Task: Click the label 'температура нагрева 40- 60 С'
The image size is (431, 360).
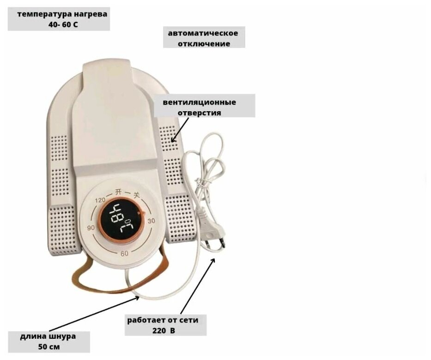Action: pyautogui.click(x=59, y=19)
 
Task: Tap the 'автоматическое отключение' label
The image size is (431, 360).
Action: pyautogui.click(x=204, y=38)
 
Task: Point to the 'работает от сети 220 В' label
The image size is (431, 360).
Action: pyautogui.click(x=166, y=325)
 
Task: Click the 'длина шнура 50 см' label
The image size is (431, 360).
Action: pyautogui.click(x=49, y=342)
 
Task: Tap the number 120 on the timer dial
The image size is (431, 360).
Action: pyautogui.click(x=100, y=200)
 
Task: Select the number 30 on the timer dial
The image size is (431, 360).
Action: pyautogui.click(x=151, y=221)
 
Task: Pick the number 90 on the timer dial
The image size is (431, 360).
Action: pyautogui.click(x=91, y=228)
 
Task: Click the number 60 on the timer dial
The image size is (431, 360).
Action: pyautogui.click(x=124, y=253)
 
